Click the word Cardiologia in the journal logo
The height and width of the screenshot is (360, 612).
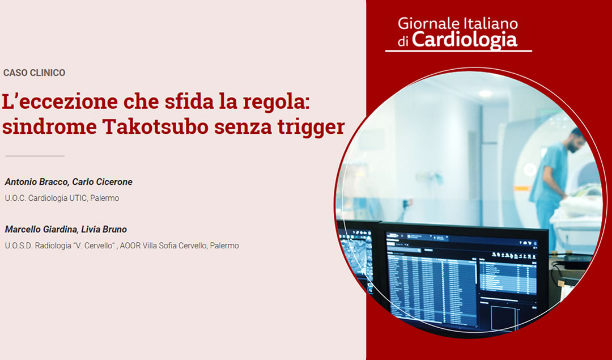[464, 39]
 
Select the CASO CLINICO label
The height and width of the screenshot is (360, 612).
[34, 73]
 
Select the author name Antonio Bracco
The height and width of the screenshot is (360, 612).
[36, 182]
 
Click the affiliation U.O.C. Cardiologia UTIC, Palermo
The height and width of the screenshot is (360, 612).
[62, 198]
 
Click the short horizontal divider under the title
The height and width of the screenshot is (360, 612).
[35, 155]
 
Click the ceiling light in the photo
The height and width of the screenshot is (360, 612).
[486, 93]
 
